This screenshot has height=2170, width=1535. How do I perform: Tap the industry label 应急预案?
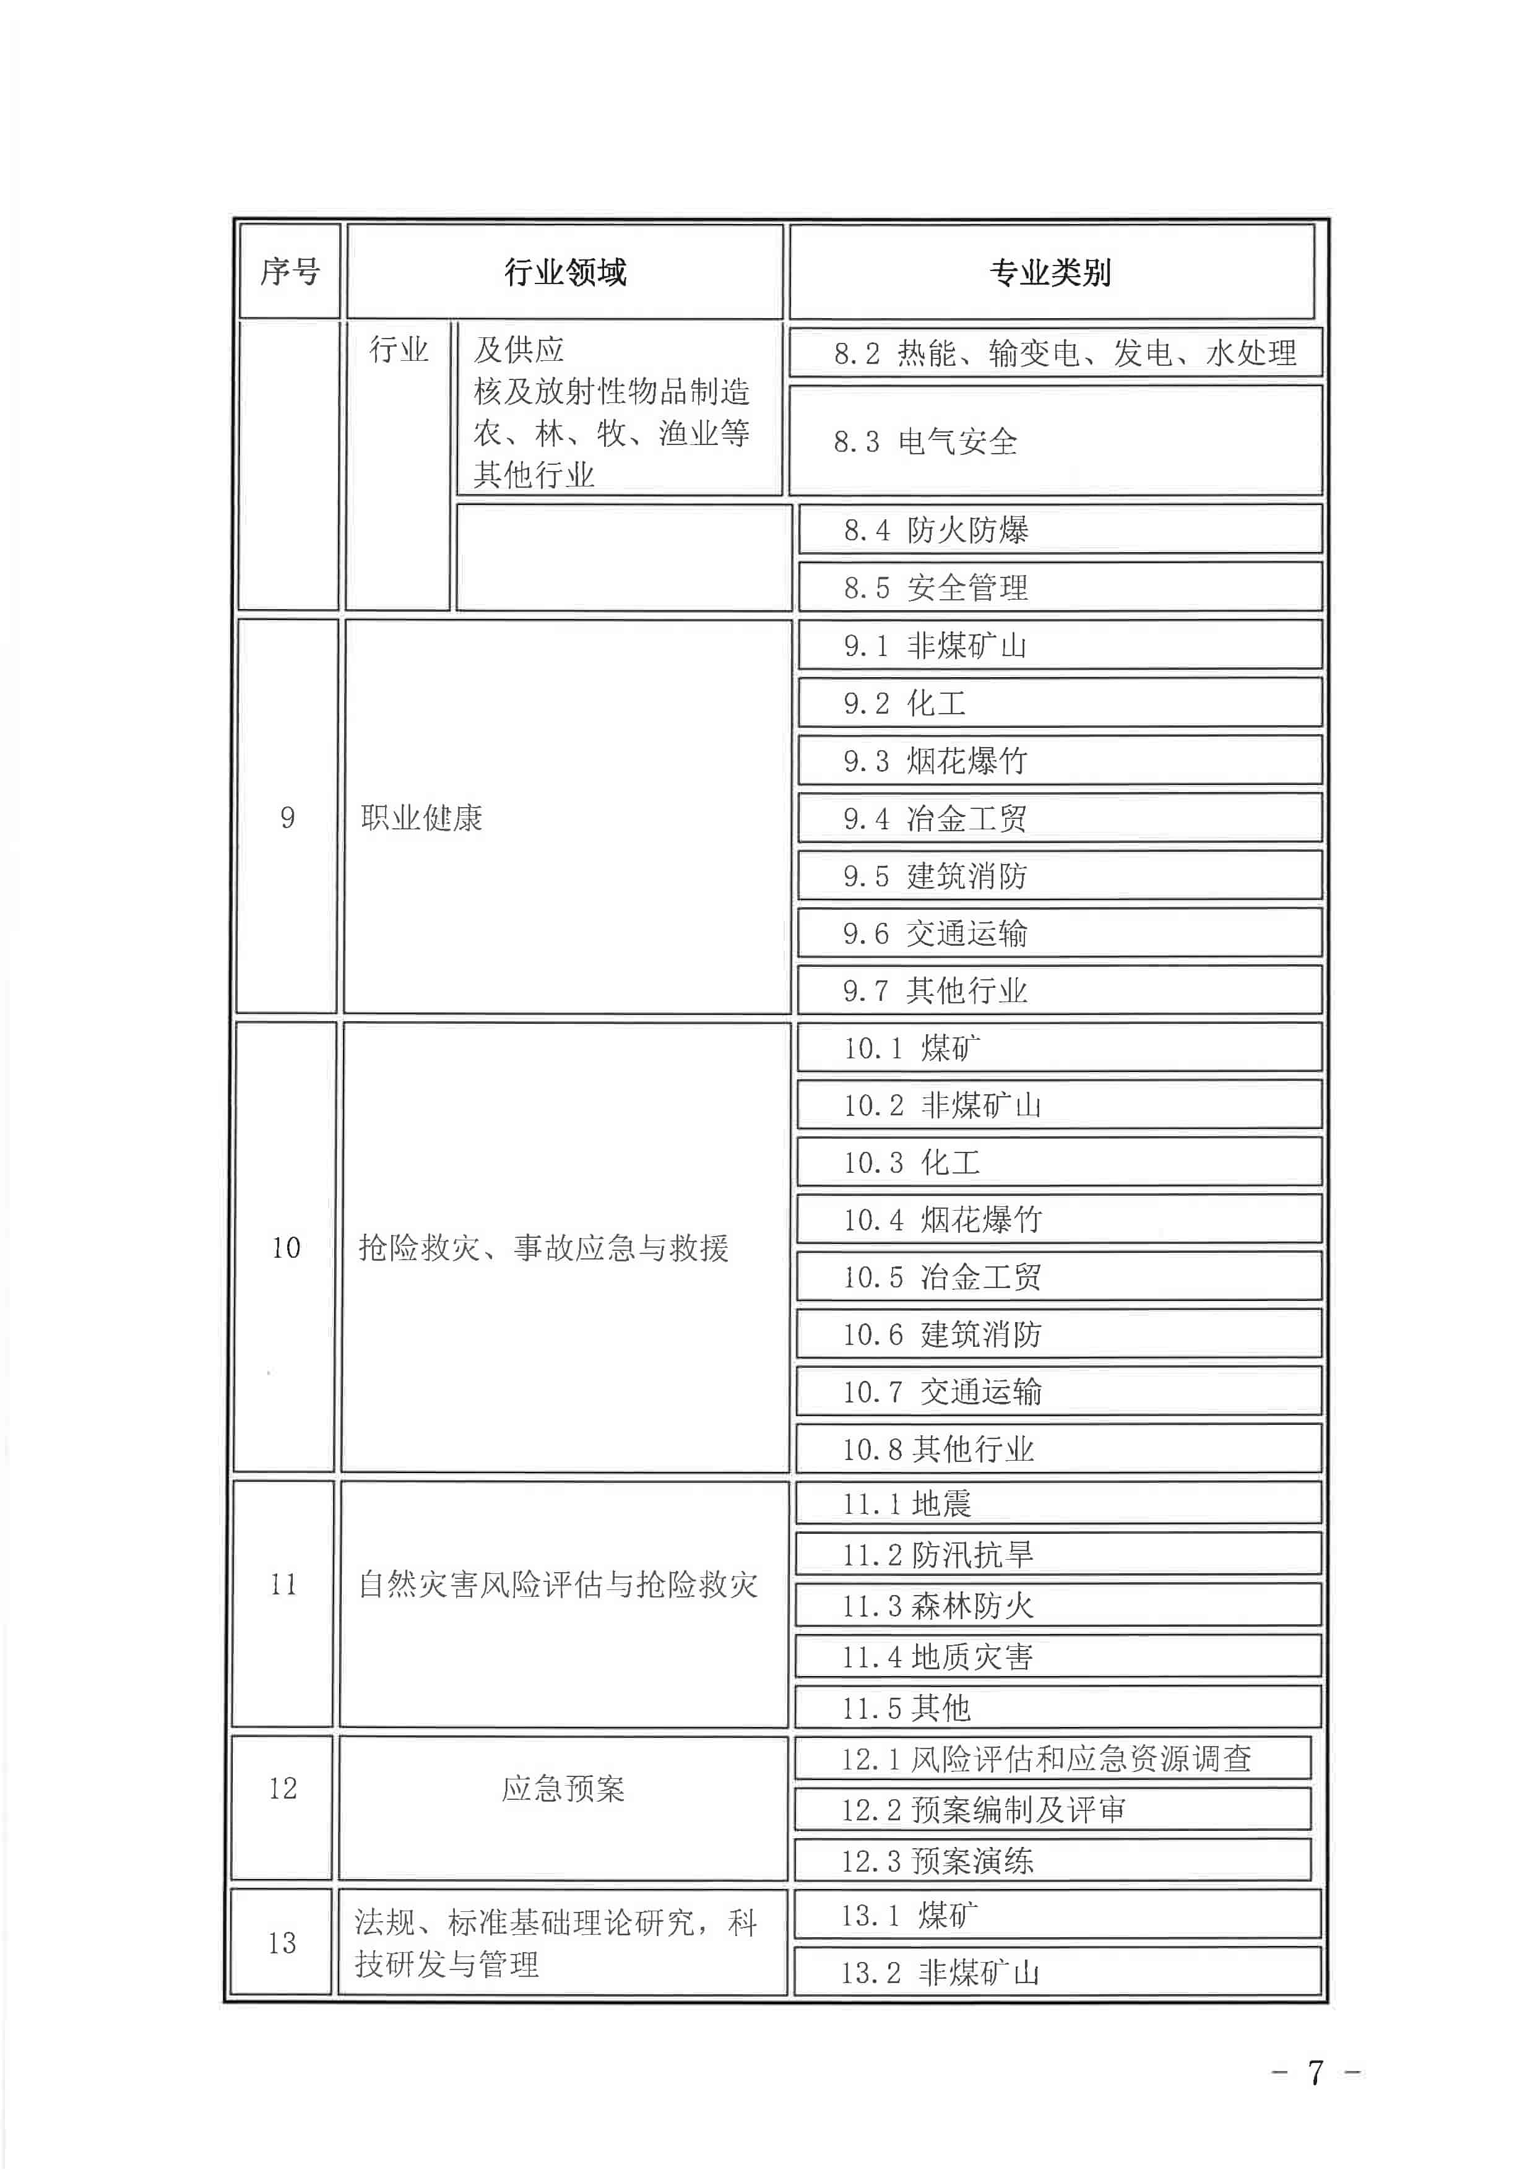563,1788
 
